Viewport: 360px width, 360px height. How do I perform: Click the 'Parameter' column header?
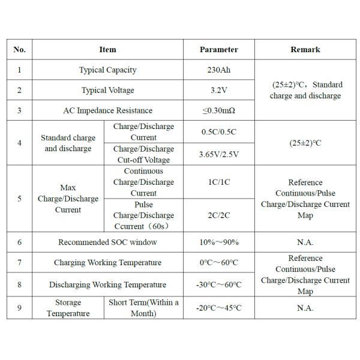(218, 50)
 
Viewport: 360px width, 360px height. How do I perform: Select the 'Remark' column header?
(305, 50)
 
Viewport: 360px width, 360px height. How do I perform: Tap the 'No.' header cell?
(19, 50)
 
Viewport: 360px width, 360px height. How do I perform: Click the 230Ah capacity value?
(218, 70)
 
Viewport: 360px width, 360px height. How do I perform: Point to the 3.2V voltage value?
(218, 91)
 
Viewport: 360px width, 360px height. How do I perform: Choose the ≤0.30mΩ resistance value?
(218, 110)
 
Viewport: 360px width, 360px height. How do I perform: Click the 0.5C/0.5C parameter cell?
(218, 132)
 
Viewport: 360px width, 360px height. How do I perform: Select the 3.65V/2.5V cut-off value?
(218, 154)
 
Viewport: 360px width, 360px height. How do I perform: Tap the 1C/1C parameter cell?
(218, 182)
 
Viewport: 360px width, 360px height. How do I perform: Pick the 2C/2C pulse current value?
(218, 215)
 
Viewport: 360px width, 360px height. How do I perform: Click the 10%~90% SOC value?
(218, 242)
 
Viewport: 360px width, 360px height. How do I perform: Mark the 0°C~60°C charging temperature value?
(218, 263)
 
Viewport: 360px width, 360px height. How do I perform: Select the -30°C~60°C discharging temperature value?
(218, 285)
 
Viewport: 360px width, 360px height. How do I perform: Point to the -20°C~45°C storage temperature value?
(218, 308)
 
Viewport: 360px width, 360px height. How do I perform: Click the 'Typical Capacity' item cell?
(107, 70)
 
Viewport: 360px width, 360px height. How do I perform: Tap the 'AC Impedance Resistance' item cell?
(107, 110)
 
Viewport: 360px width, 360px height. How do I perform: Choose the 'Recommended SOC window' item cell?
(107, 242)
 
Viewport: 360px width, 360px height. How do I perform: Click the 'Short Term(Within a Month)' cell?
(143, 308)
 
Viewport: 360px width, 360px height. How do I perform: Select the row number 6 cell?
(19, 242)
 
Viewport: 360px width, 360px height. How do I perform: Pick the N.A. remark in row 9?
(305, 308)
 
